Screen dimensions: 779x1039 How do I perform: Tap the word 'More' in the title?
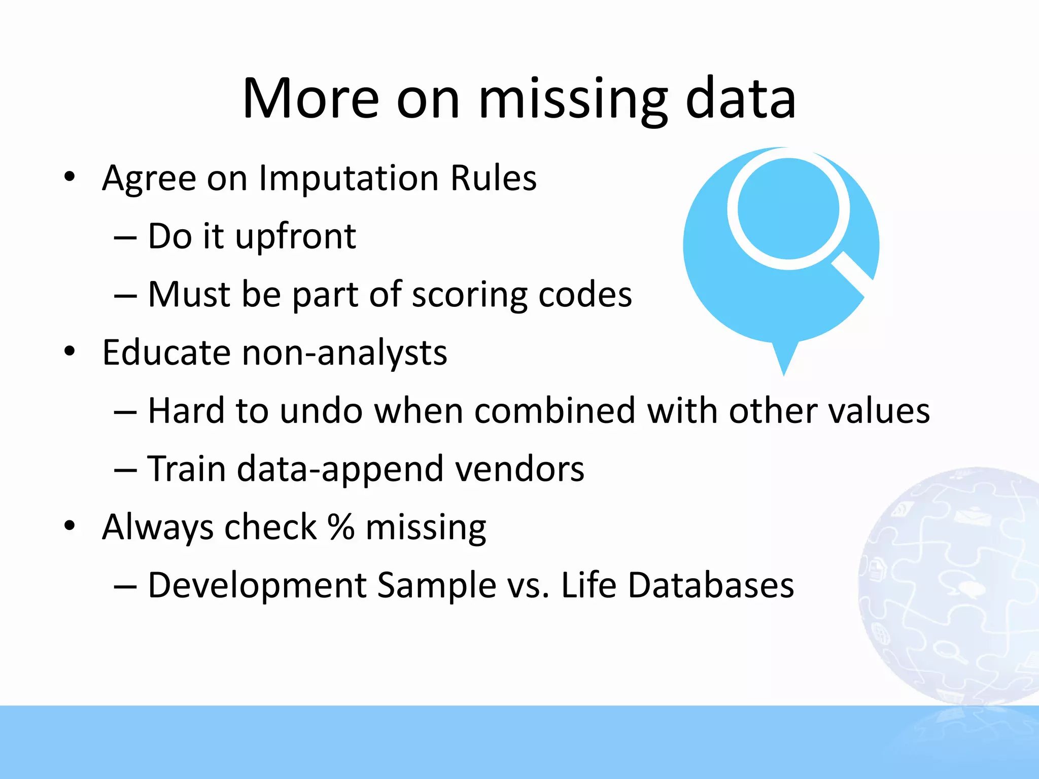tap(310, 99)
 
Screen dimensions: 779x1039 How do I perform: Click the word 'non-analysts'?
tap(344, 353)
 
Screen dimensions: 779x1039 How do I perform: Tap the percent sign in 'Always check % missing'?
tap(340, 527)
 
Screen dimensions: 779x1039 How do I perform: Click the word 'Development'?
tap(257, 585)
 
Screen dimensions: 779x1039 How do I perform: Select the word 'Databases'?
tap(711, 585)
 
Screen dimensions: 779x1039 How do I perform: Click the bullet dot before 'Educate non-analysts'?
tap(70, 351)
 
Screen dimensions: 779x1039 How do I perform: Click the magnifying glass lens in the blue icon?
tap(788, 208)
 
